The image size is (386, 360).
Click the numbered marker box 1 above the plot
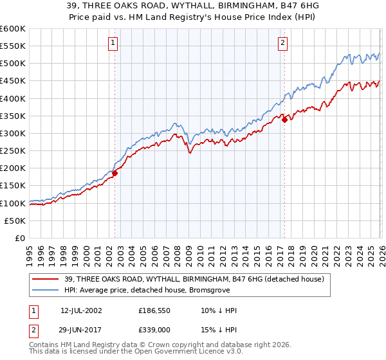[113, 43]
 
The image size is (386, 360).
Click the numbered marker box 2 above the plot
[282, 43]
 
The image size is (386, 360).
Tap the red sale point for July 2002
[115, 173]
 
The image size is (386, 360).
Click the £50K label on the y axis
[15, 221]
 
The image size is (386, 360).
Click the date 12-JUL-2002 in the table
[82, 310]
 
